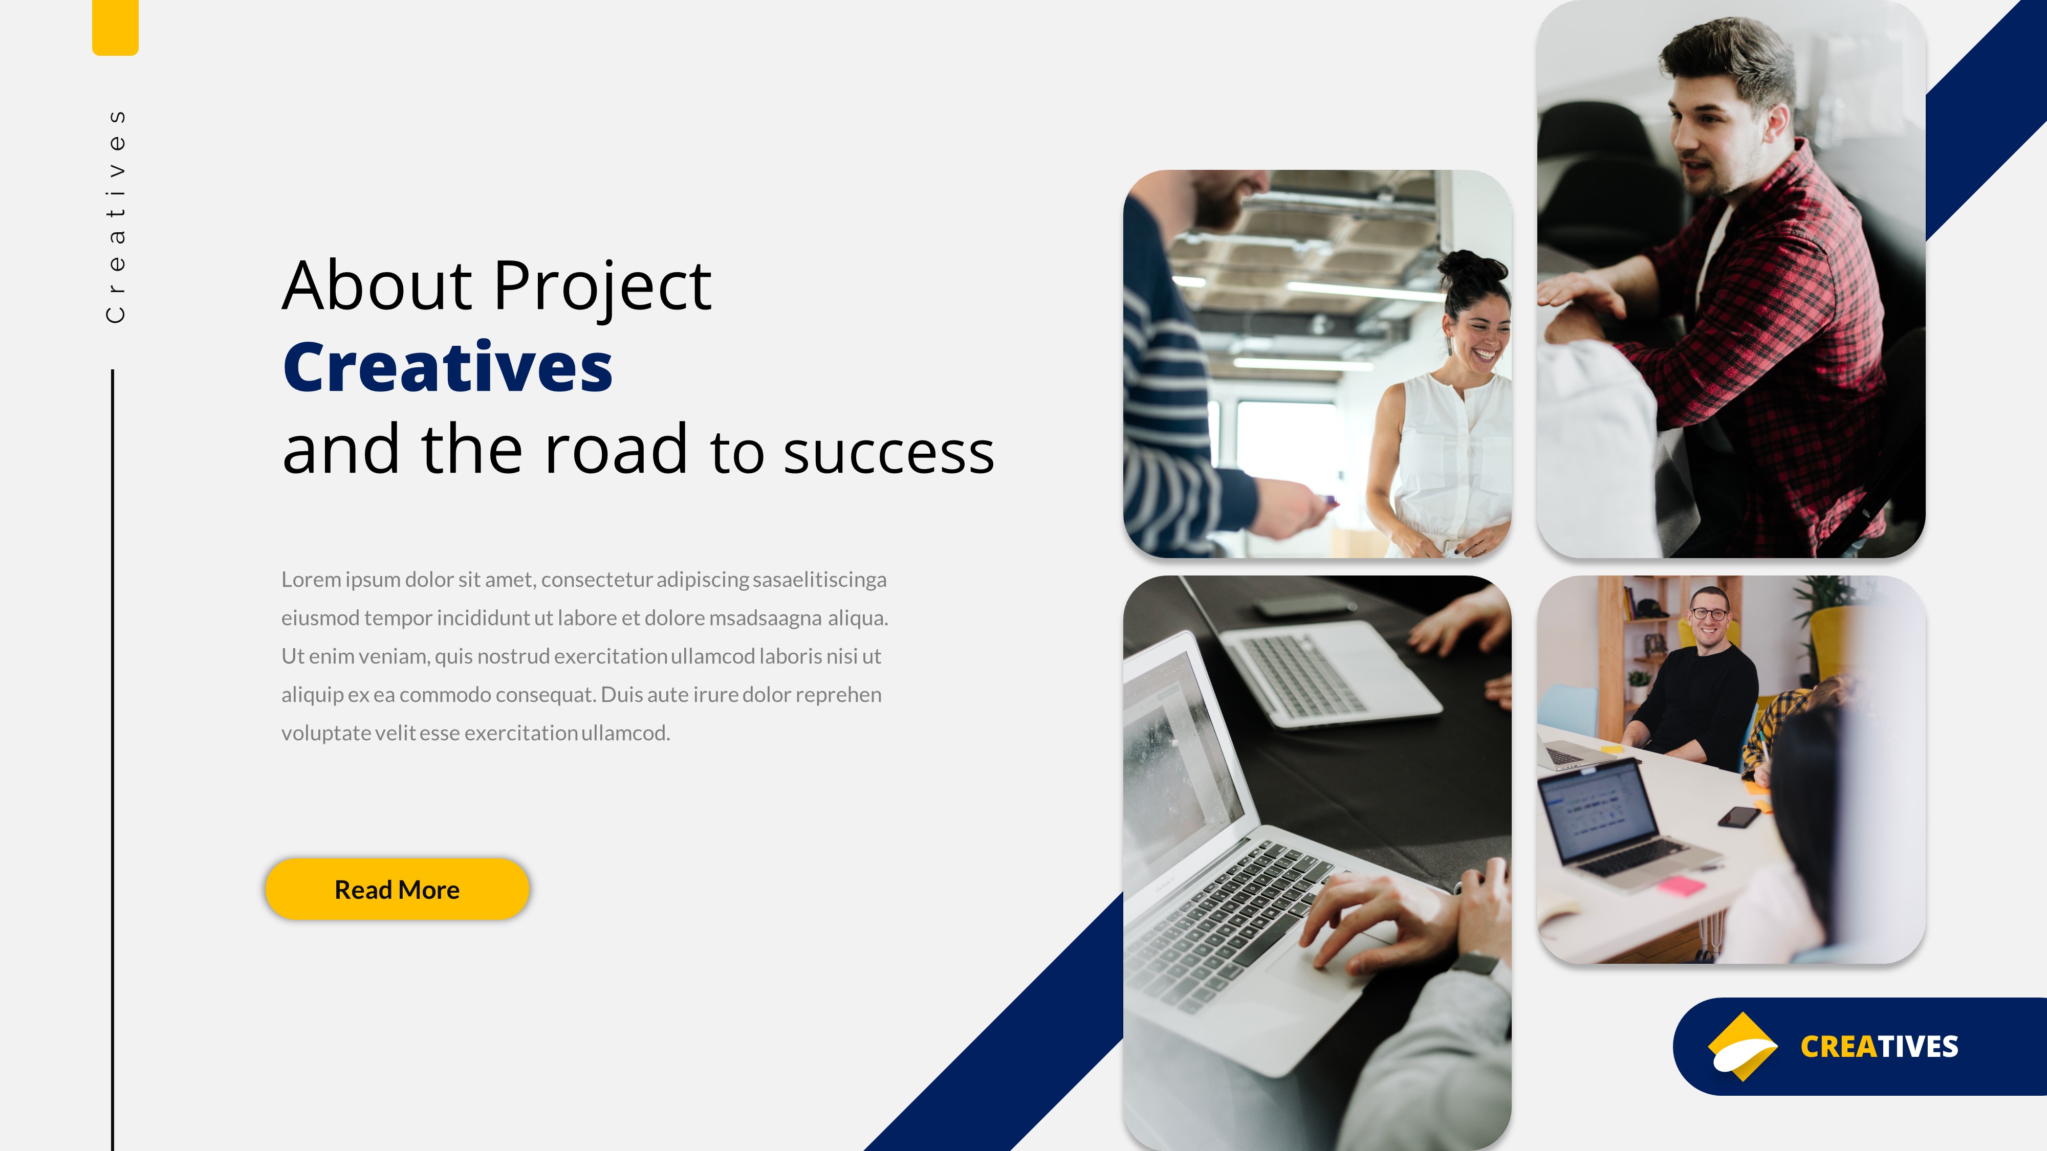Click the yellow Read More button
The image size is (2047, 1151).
397,889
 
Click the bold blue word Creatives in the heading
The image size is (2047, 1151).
447,368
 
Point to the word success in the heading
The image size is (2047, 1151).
888,453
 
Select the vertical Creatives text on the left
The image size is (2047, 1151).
116,216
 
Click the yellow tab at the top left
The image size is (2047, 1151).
115,26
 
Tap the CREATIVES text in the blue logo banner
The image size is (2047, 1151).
1879,1047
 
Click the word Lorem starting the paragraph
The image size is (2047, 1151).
311,580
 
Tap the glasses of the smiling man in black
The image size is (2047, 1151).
1709,614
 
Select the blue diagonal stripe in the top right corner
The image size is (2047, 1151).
1987,119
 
